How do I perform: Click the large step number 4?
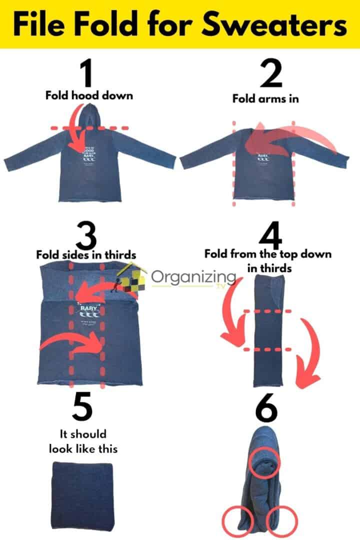pyautogui.click(x=267, y=234)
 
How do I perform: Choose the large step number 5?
pyautogui.click(x=81, y=407)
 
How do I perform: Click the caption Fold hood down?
pyautogui.click(x=89, y=95)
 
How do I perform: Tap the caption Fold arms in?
pyautogui.click(x=265, y=98)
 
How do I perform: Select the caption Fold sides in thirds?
pyautogui.click(x=86, y=254)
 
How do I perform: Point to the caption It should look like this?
pyautogui.click(x=83, y=441)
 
